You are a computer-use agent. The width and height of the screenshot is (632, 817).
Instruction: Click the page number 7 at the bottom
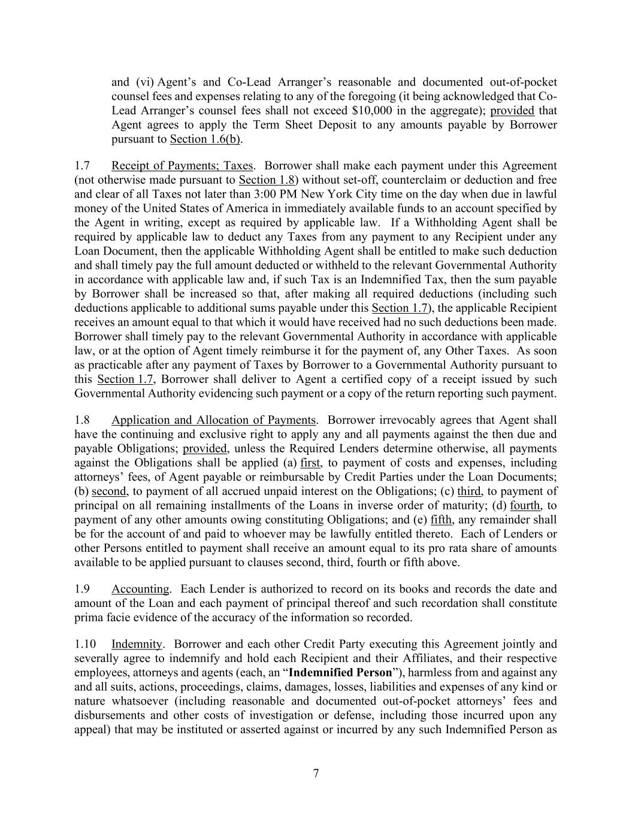pyautogui.click(x=316, y=773)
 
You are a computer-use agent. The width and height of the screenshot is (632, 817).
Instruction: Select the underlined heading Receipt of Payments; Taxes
pyautogui.click(x=182, y=166)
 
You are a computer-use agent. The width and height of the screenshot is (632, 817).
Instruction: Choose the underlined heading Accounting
pyautogui.click(x=140, y=589)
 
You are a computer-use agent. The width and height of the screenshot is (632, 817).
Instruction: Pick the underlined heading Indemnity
pyautogui.click(x=137, y=644)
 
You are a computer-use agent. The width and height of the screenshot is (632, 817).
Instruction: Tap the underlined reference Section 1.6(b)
pyautogui.click(x=206, y=139)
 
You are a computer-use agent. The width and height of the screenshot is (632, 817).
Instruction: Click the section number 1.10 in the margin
pyautogui.click(x=85, y=644)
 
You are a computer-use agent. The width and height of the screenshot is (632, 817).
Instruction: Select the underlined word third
pyautogui.click(x=469, y=491)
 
